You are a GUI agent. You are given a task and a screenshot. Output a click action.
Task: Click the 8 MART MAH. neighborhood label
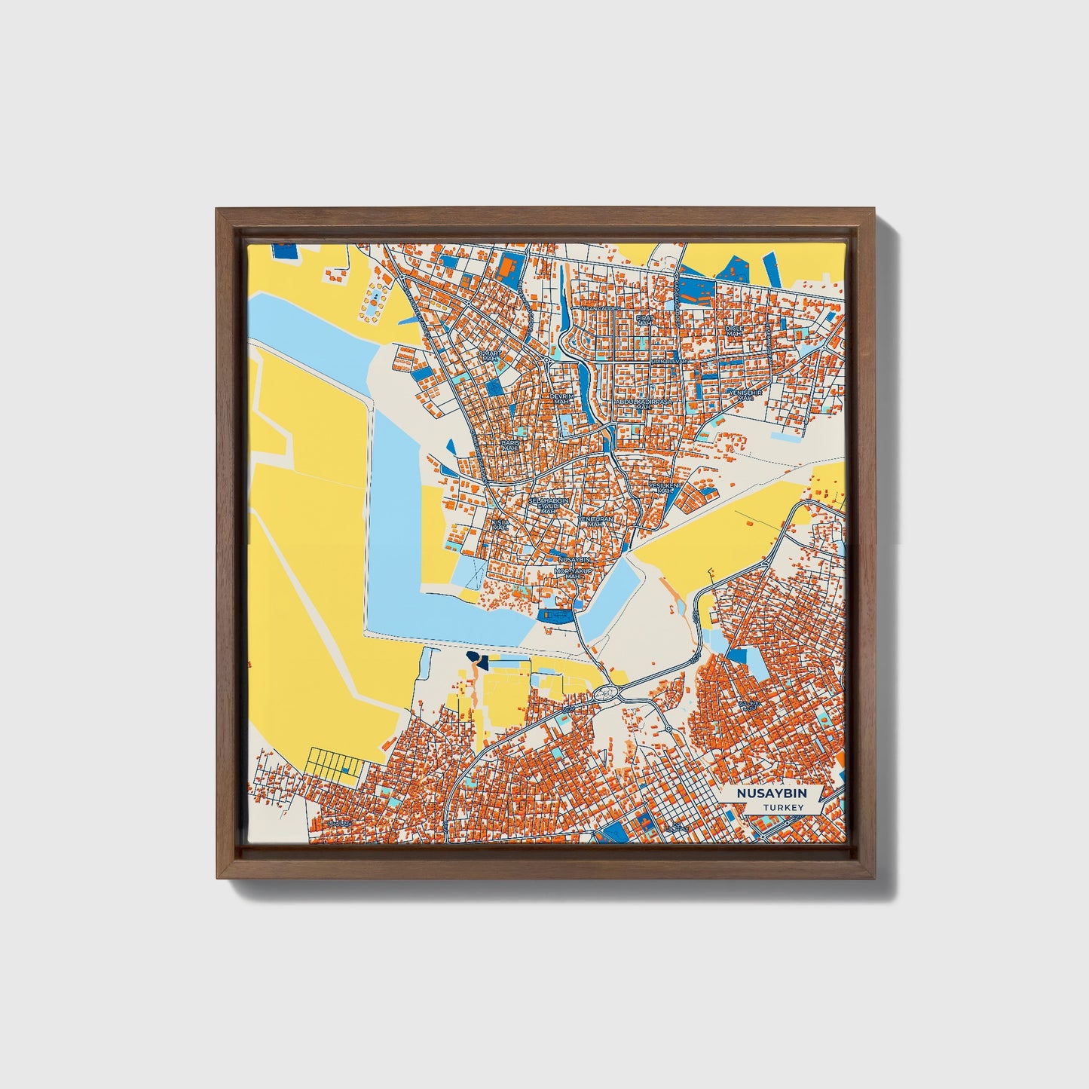489,355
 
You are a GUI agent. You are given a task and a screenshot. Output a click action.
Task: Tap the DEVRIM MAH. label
561,399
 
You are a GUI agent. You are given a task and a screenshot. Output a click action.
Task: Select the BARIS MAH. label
510,445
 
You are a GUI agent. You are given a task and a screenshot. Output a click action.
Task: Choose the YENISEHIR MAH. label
745,395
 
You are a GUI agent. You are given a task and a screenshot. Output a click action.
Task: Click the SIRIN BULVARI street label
668,363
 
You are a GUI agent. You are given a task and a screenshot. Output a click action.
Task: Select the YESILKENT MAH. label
664,488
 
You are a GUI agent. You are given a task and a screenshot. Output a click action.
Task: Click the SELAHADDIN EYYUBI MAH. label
548,505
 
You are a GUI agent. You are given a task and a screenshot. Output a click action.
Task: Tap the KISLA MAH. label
500,524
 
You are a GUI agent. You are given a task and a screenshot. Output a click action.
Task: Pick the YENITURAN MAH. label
595,522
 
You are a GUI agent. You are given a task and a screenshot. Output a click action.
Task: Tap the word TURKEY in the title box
782,807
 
